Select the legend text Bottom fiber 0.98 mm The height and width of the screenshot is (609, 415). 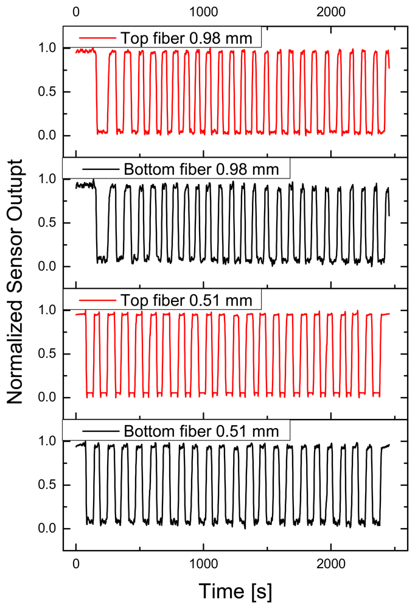click(x=201, y=169)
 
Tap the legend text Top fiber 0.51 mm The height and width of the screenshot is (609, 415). click(x=190, y=300)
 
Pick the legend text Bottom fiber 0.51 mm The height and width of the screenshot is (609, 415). click(x=201, y=431)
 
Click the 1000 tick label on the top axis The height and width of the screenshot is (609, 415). click(x=203, y=11)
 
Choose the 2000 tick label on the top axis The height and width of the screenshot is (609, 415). click(x=331, y=11)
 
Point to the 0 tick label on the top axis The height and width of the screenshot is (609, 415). click(x=75, y=11)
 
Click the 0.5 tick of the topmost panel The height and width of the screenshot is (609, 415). click(x=47, y=92)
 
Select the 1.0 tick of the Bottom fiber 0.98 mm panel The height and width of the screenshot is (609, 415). click(x=47, y=179)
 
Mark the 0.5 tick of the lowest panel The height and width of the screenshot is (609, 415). click(x=47, y=485)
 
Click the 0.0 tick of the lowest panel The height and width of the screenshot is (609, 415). click(x=47, y=529)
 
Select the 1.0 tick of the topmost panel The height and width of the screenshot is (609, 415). click(x=47, y=48)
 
